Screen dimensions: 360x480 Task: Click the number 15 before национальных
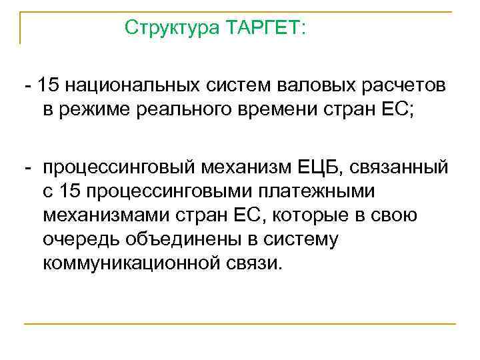coord(49,88)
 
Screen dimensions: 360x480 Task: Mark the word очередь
coord(81,239)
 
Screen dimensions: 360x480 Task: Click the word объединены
coord(181,239)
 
